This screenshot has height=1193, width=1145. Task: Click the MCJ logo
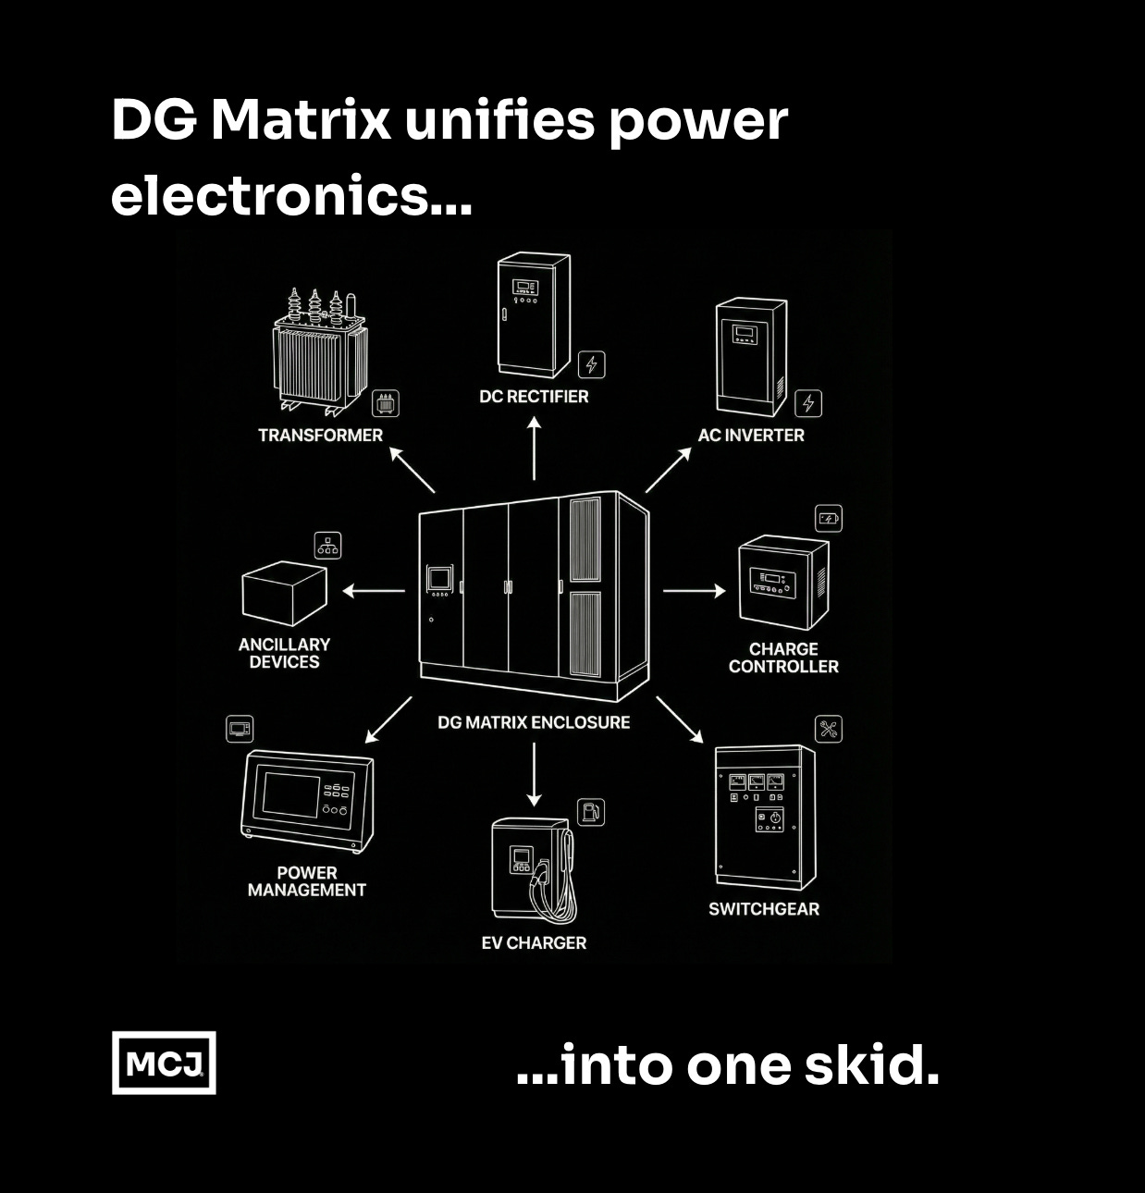click(164, 1063)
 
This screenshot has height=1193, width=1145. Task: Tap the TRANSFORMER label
click(320, 435)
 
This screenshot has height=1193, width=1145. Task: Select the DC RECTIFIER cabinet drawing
click(534, 314)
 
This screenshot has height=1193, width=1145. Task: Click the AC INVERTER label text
click(750, 435)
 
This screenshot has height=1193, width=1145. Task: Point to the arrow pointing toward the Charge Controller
click(695, 590)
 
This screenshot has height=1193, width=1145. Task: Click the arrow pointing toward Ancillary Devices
click(374, 590)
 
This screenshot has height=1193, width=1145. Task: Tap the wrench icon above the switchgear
click(828, 729)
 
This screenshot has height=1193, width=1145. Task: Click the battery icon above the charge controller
click(828, 519)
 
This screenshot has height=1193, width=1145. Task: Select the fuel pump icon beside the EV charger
click(591, 812)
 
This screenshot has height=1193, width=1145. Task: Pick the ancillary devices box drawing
click(284, 593)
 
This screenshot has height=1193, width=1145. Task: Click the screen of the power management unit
click(291, 793)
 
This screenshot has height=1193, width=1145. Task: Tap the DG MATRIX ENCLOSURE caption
click(534, 722)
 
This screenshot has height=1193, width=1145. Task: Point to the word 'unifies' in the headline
click(499, 120)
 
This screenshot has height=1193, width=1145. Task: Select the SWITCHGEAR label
click(764, 909)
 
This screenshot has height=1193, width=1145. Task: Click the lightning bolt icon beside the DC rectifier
click(592, 364)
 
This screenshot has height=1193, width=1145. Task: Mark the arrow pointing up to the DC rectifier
click(534, 449)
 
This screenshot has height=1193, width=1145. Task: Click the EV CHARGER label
click(534, 942)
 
